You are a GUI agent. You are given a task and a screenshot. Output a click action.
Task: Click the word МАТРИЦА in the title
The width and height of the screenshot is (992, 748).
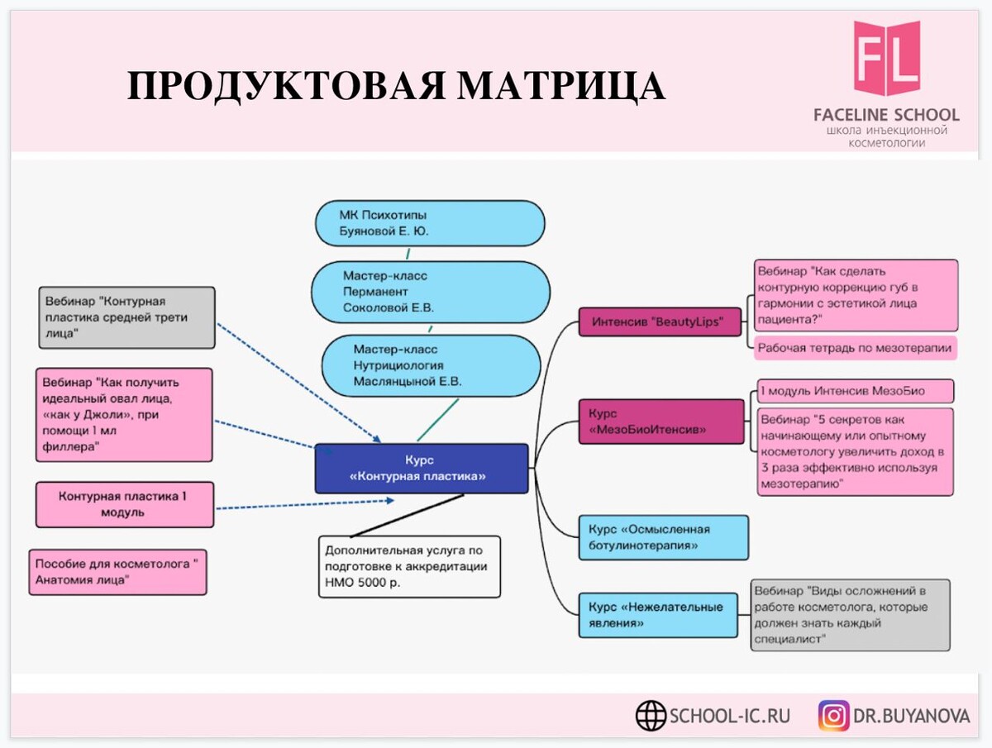(x=560, y=87)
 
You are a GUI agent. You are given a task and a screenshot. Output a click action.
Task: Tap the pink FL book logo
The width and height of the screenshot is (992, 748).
(x=887, y=58)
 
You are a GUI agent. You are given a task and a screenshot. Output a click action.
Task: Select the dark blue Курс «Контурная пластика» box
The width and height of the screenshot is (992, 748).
(x=422, y=468)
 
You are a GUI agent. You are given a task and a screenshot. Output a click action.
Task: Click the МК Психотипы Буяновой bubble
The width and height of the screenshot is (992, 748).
(x=430, y=223)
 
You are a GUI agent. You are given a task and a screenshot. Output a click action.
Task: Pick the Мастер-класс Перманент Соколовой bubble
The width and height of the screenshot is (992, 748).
(x=430, y=292)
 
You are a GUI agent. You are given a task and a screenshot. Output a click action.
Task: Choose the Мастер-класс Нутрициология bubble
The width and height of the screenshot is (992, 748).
(x=431, y=365)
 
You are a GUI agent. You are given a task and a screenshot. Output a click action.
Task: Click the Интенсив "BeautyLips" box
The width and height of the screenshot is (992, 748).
(x=660, y=322)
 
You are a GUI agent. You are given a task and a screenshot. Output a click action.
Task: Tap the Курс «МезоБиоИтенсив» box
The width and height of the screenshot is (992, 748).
(x=661, y=422)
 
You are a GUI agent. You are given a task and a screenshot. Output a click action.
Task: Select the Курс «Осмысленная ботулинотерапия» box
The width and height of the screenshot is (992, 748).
(x=664, y=537)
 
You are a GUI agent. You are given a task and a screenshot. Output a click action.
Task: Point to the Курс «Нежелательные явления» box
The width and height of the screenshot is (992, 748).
(x=658, y=615)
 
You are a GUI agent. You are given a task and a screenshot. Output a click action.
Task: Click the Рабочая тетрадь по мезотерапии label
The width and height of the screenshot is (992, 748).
(x=855, y=348)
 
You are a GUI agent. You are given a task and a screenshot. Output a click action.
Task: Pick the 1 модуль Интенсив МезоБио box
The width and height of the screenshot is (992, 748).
(x=856, y=391)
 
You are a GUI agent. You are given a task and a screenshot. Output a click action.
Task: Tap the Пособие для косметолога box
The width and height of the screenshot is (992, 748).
(x=118, y=572)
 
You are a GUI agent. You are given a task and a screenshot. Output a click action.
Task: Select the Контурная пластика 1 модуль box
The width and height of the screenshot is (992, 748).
(x=125, y=504)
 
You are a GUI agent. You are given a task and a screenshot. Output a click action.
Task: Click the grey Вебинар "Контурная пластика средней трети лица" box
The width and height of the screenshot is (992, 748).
(x=127, y=317)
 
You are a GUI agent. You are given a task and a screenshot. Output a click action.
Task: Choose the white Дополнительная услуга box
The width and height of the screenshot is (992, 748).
(x=409, y=566)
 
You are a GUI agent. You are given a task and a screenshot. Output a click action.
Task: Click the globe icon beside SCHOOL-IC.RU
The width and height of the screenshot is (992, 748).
(x=651, y=716)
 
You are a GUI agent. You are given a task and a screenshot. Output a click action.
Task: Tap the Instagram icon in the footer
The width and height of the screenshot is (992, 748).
(x=834, y=716)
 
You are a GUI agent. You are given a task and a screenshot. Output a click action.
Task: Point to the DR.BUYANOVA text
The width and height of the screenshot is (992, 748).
(x=911, y=716)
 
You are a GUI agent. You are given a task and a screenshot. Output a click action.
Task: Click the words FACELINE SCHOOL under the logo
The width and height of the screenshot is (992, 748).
(x=887, y=115)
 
